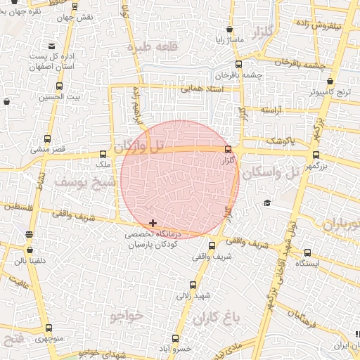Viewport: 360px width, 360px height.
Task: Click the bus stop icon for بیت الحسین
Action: pyautogui.click(x=58, y=87)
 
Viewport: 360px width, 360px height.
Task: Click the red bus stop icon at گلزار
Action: pyautogui.click(x=227, y=149)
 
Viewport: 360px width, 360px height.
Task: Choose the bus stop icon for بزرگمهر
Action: pyautogui.click(x=315, y=155)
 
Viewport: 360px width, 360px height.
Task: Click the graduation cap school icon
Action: pyautogui.click(x=267, y=203)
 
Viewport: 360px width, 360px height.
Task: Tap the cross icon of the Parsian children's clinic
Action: pyautogui.click(x=153, y=223)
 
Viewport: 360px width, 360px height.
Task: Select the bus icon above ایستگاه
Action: pyautogui.click(x=308, y=252)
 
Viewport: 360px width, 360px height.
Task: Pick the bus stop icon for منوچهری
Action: pyautogui.click(x=49, y=328)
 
